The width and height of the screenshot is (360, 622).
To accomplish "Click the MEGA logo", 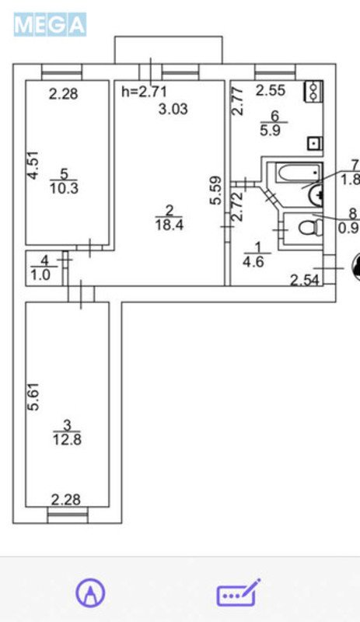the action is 49,25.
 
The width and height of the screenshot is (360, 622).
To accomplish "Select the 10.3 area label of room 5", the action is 68,188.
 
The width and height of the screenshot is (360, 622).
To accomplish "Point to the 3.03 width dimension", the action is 173,110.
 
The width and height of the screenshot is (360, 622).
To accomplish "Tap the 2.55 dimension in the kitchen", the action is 269,90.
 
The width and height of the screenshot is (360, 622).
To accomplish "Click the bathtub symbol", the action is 295,176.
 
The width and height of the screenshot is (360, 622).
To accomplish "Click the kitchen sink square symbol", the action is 313,143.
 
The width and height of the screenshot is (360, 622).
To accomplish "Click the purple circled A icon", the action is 91,594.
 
